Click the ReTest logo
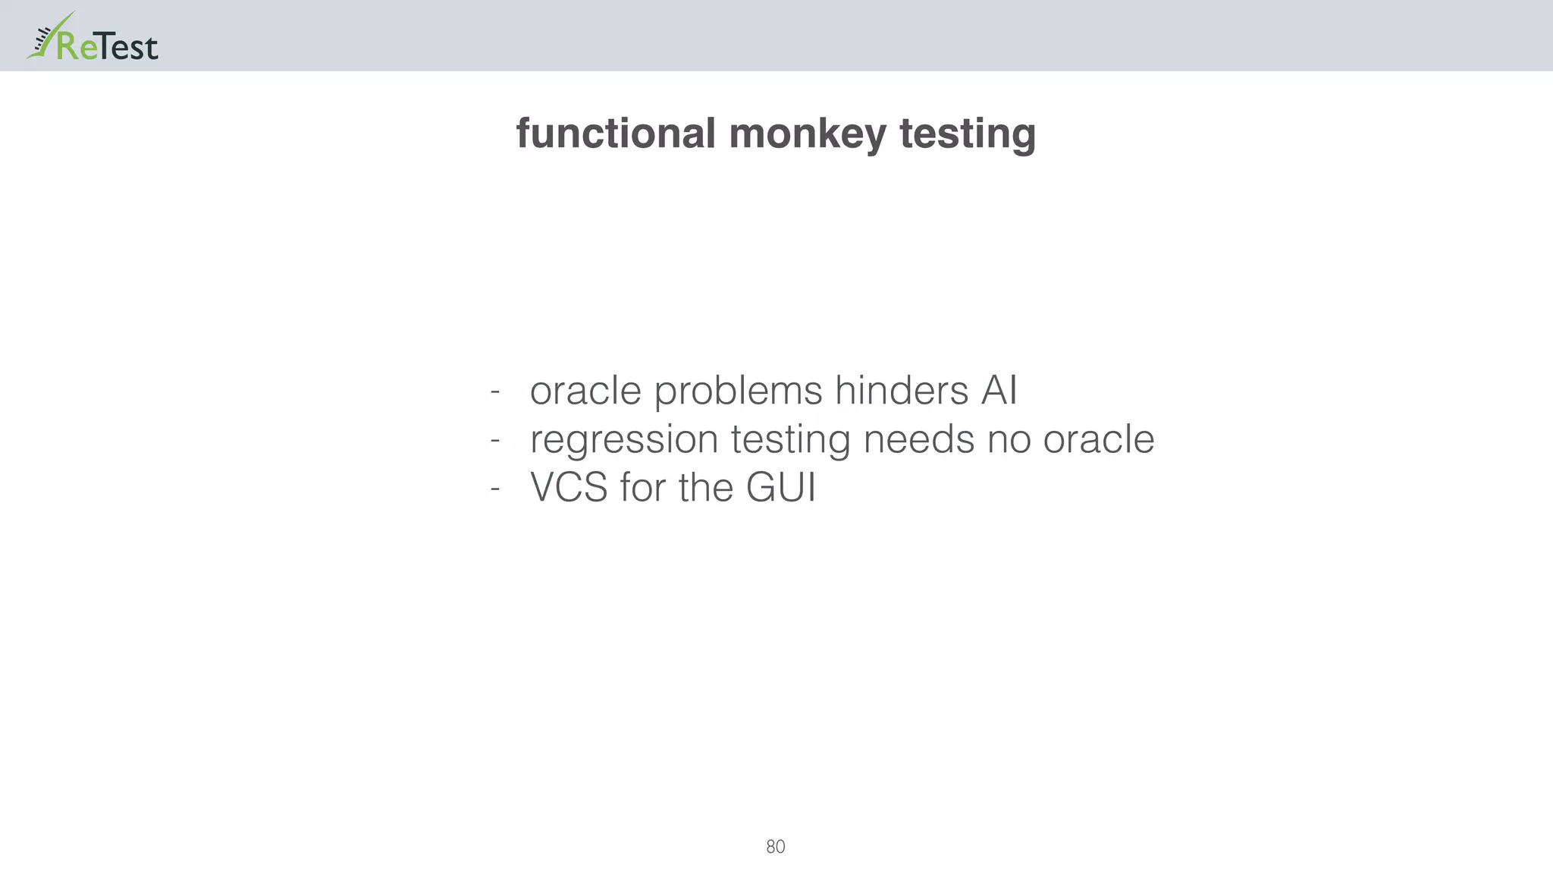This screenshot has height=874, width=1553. (x=93, y=38)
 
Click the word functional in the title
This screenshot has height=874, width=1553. (x=615, y=134)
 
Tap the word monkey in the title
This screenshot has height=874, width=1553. (x=807, y=135)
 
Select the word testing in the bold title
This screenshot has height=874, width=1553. (x=967, y=135)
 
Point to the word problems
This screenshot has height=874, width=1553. (x=738, y=391)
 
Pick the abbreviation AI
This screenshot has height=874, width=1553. (x=999, y=391)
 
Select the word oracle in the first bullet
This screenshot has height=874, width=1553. (x=585, y=391)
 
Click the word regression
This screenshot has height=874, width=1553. (x=623, y=440)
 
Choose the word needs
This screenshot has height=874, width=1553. (x=918, y=440)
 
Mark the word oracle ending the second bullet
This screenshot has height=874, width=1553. (x=1098, y=440)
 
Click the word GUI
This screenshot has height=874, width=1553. (x=781, y=488)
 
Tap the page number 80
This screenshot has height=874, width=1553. (x=776, y=847)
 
